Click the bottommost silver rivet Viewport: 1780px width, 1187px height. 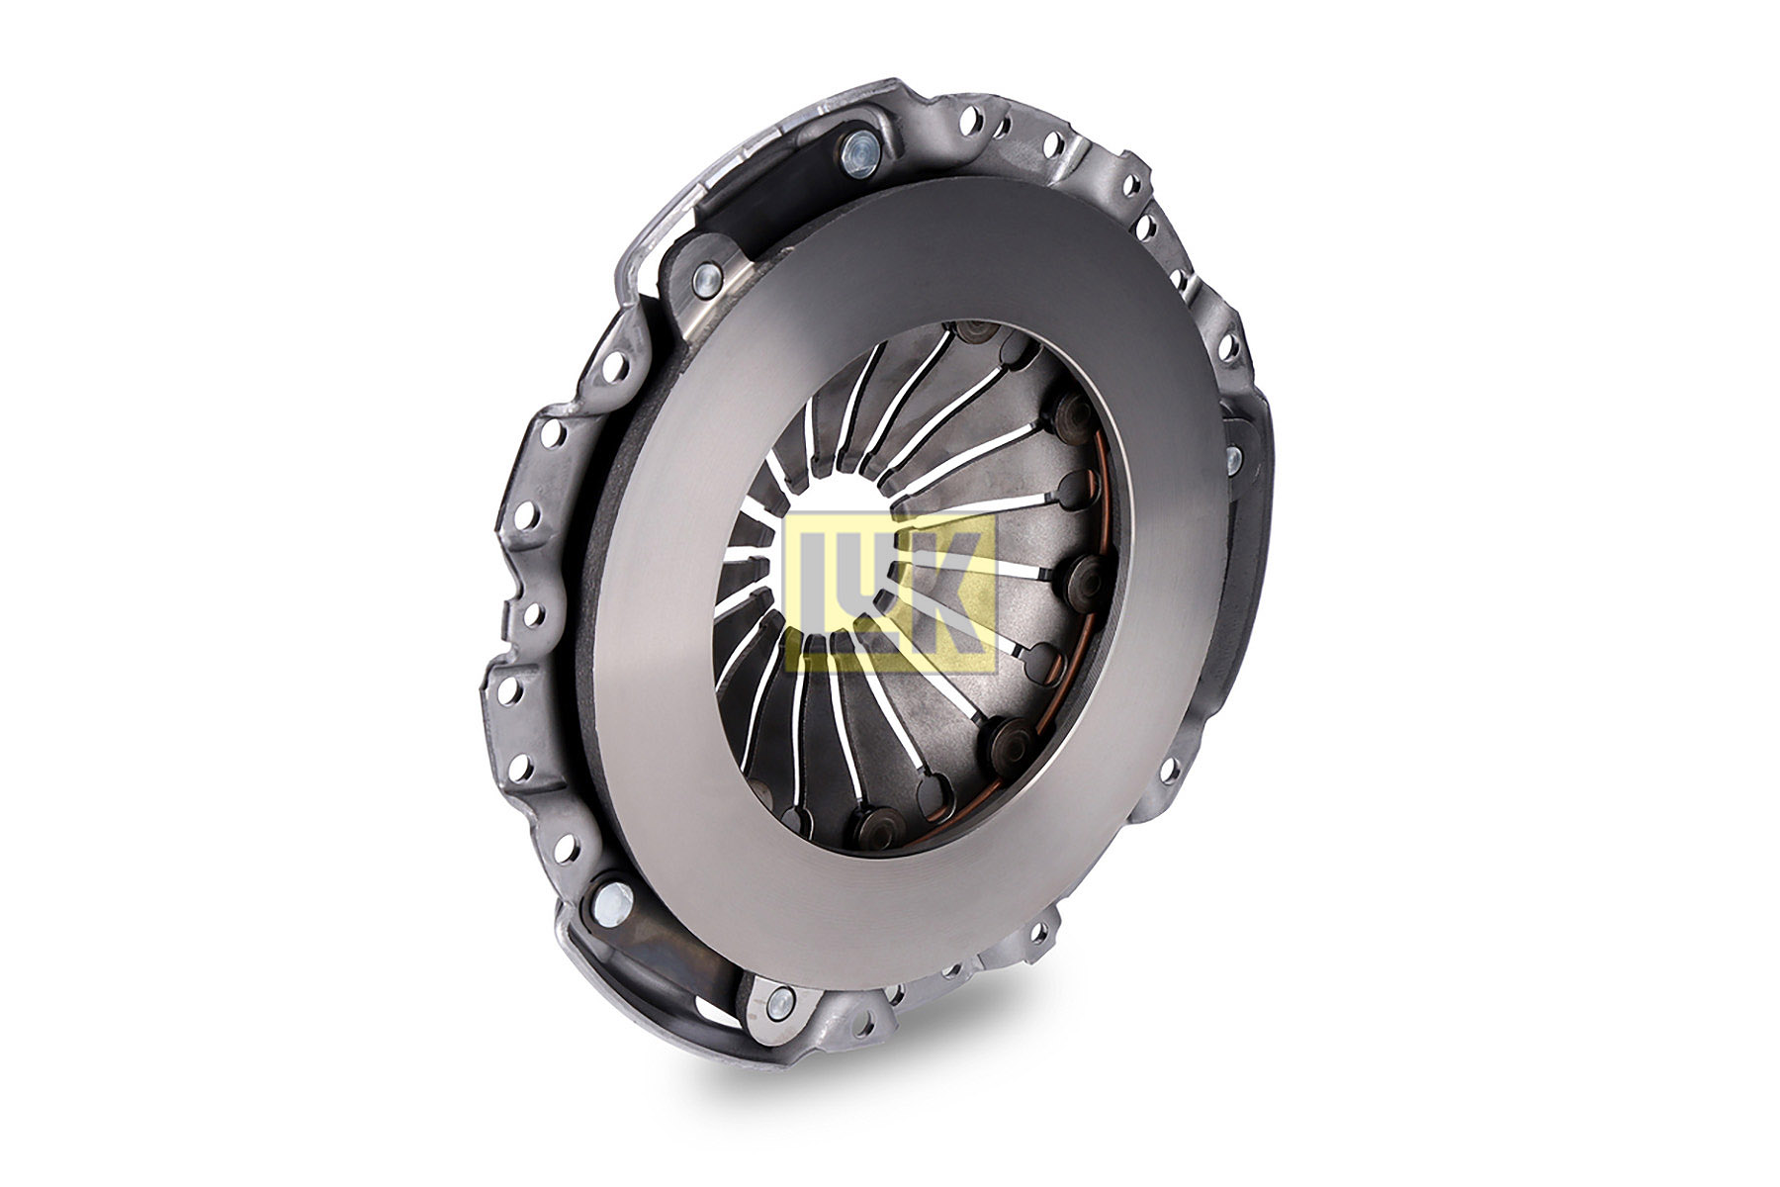click(x=779, y=1001)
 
